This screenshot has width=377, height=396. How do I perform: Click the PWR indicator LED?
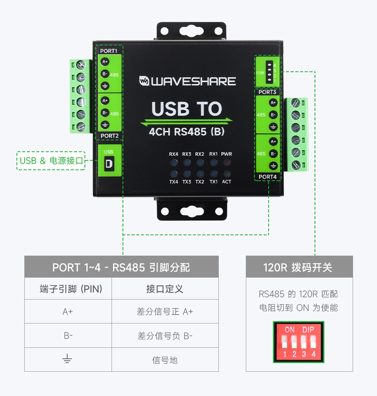coord(227,162)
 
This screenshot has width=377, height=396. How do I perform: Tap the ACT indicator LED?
coord(227,173)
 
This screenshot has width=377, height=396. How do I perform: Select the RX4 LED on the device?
coord(174,162)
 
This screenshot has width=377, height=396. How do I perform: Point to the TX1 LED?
coord(213,173)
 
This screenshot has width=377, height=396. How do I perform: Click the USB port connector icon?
coord(109,163)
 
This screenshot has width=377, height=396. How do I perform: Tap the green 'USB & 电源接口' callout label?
coord(51,161)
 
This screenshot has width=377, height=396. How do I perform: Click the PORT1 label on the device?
coord(109,51)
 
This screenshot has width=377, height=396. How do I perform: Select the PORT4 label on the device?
coord(267,177)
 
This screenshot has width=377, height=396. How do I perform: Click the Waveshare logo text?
coord(188,81)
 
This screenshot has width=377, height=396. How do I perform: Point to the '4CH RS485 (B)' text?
coord(187,131)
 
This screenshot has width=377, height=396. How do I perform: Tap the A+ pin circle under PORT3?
coord(273,103)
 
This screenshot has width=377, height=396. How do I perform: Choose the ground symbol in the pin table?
coord(68,360)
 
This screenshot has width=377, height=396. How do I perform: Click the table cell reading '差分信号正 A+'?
coord(165,312)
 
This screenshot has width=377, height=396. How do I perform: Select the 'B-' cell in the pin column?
coord(68,336)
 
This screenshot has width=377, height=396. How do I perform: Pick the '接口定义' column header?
coord(165,289)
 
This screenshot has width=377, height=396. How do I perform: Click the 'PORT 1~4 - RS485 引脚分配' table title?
coord(121,267)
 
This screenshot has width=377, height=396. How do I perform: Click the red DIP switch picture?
coord(298,342)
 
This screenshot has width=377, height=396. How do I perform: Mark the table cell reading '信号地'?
coord(165,360)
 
